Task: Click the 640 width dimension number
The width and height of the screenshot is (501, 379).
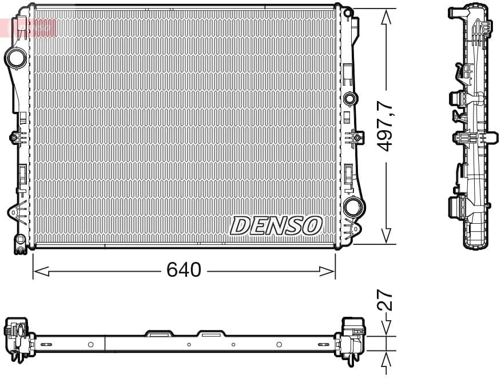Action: [x=184, y=269]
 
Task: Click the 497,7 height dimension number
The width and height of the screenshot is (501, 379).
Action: [x=387, y=126]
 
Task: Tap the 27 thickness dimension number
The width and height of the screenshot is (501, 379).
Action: [x=387, y=299]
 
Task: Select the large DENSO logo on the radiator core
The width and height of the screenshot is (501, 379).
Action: [x=276, y=225]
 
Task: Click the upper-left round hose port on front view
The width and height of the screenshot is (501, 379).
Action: [x=16, y=58]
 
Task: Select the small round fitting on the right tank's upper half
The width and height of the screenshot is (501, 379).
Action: [x=349, y=98]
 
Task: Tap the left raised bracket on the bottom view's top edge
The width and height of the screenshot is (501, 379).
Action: [x=159, y=333]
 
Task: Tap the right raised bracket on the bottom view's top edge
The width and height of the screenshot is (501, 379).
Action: [x=212, y=333]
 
